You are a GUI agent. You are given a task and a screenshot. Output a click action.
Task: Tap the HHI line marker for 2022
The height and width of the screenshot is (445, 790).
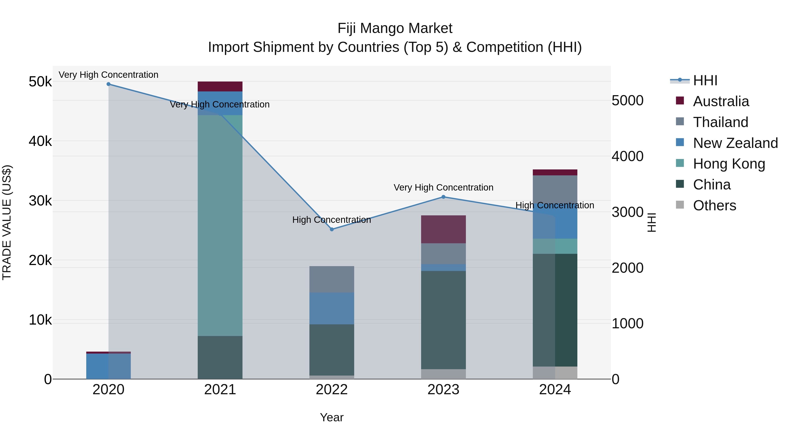332,229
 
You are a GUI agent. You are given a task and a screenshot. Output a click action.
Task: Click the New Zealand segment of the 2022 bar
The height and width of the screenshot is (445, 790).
332,308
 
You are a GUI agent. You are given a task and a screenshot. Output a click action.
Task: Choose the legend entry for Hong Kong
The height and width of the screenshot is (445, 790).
729,164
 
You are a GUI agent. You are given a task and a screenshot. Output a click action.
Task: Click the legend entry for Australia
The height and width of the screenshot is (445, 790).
721,101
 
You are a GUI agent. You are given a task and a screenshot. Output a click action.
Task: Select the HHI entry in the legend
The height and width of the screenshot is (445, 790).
705,80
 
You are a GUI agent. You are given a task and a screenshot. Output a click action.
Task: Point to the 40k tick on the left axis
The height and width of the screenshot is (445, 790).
40,141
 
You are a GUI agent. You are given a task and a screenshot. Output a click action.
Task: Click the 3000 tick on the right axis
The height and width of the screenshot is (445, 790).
627,212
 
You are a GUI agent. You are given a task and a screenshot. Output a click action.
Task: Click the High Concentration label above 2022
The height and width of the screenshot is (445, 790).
332,220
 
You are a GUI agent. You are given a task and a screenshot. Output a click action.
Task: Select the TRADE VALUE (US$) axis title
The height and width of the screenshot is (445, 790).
7,222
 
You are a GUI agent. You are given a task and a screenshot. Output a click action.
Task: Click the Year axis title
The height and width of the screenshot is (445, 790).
332,417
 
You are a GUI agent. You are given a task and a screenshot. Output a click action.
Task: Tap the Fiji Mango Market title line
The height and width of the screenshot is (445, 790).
395,28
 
